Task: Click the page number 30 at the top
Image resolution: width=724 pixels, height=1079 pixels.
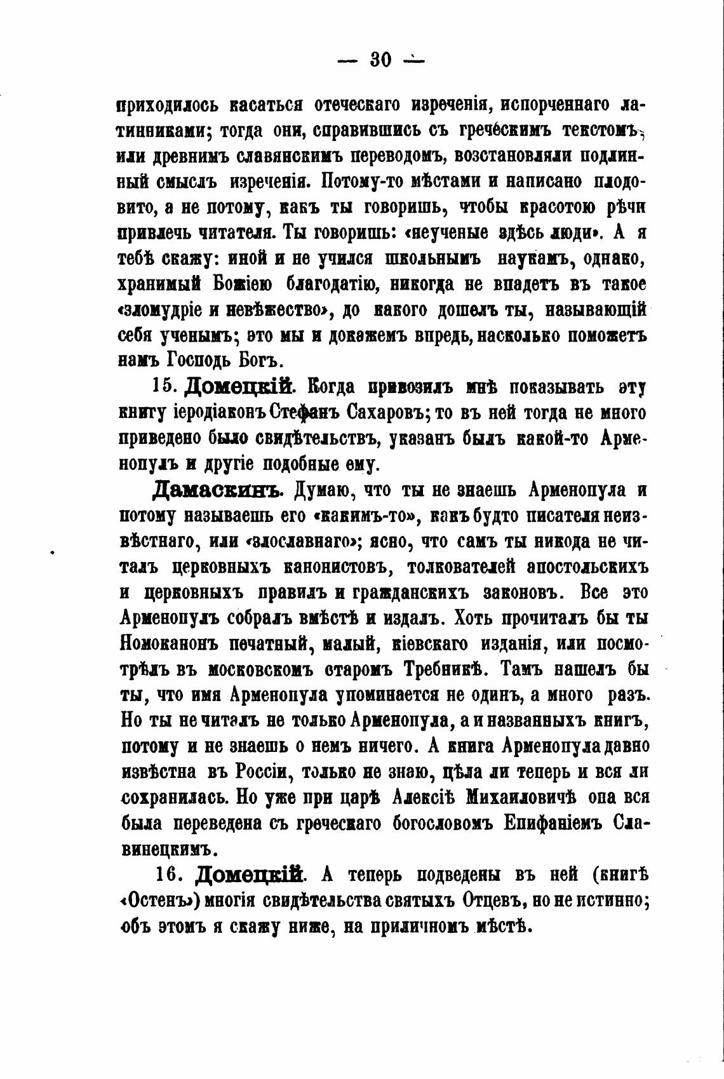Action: (380, 60)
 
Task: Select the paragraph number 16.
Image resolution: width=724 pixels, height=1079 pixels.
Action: (170, 874)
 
